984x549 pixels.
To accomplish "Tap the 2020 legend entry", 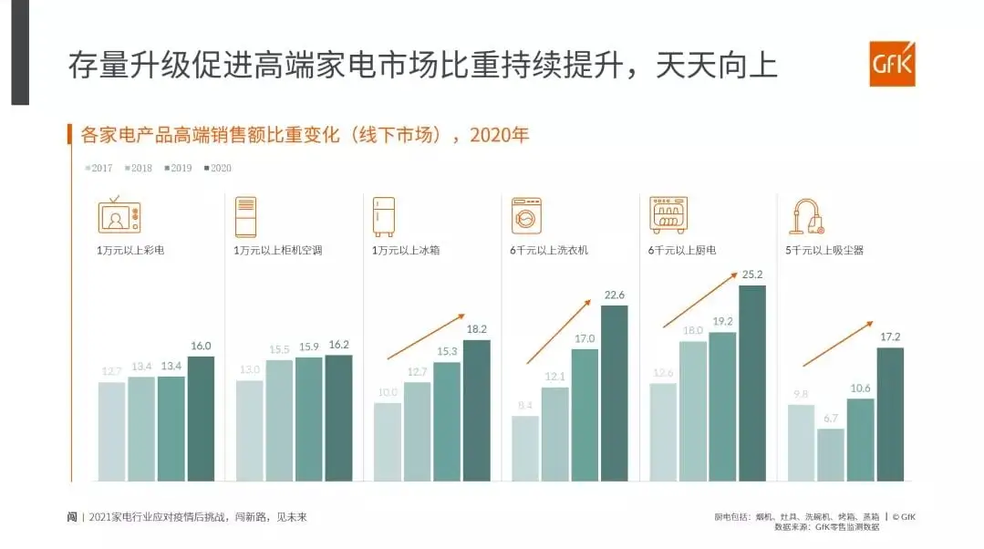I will (x=218, y=168).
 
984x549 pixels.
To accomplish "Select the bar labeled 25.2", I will (x=752, y=383).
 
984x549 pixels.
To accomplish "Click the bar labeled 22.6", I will (x=614, y=393).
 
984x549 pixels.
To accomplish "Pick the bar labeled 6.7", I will (x=831, y=454).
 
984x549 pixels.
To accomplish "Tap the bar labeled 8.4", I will (x=525, y=448).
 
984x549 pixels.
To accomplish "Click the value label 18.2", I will (x=476, y=329).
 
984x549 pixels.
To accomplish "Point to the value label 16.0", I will (x=201, y=346).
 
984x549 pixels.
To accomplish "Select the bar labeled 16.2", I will (x=338, y=418).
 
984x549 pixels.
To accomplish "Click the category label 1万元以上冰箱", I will (x=405, y=250).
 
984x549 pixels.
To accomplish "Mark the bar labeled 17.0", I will (x=585, y=414).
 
